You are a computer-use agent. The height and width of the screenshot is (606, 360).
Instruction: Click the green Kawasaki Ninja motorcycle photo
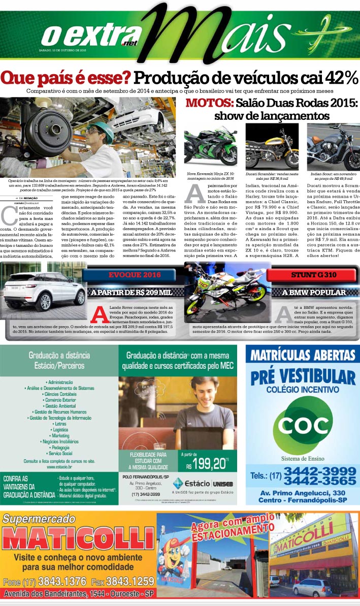click(x=210, y=148)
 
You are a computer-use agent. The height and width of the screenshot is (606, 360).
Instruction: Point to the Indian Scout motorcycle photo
click(x=334, y=147)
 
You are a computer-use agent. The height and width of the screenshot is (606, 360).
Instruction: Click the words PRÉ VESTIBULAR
click(x=303, y=377)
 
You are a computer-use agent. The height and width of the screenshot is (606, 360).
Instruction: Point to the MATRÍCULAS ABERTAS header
click(x=302, y=354)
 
